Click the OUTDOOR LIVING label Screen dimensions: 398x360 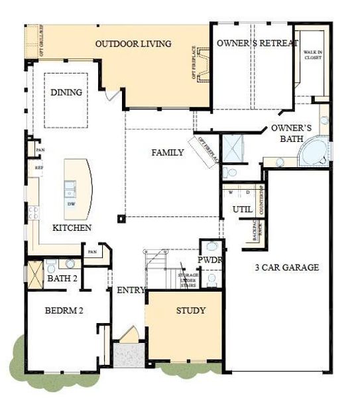tap(133, 44)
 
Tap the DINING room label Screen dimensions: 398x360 tap(66, 92)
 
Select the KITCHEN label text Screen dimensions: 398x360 tap(72, 228)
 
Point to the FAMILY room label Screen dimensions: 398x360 tap(168, 153)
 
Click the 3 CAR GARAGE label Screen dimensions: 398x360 tap(288, 268)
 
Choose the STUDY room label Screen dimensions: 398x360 tap(190, 310)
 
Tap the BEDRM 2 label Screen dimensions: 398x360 tap(64, 310)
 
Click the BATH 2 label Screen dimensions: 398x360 tap(63, 279)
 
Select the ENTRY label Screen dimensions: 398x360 tap(131, 291)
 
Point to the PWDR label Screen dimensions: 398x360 tap(210, 260)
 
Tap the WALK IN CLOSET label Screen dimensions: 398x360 tap(312, 54)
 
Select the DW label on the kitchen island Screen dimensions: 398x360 tap(71, 204)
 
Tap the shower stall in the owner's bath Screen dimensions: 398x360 tap(233, 147)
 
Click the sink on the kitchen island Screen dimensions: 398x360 tap(70, 188)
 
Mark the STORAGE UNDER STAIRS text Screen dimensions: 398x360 tap(192, 281)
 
